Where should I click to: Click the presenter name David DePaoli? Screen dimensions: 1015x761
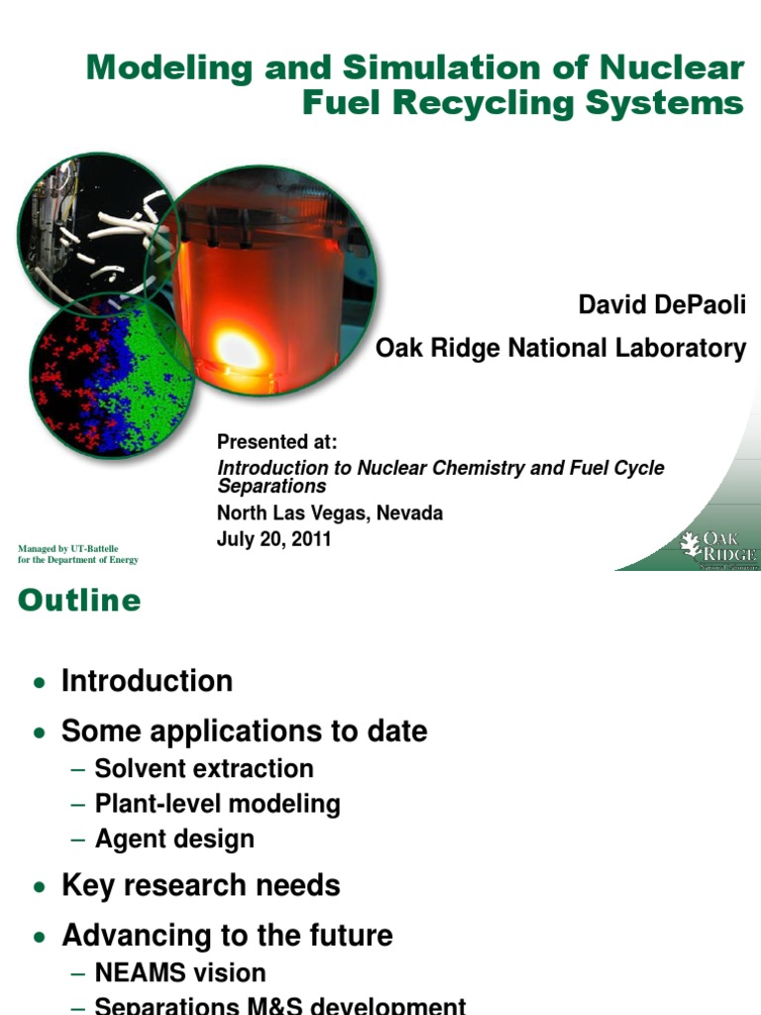[x=661, y=305]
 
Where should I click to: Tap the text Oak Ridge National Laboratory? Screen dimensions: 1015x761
[x=560, y=348]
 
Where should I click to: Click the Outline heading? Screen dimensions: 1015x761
[x=79, y=601]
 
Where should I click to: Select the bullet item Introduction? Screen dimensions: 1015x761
[x=147, y=681]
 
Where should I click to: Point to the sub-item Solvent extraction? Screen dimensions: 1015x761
[x=204, y=768]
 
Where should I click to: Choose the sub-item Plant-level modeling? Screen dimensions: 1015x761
[x=217, y=804]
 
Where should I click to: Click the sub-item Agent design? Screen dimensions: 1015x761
[x=174, y=839]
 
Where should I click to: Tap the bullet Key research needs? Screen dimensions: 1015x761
[x=200, y=885]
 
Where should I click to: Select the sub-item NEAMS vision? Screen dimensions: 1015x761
[x=180, y=972]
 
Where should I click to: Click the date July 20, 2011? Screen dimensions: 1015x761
[x=273, y=539]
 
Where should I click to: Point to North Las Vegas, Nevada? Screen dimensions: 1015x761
[x=330, y=513]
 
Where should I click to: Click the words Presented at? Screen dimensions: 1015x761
[x=277, y=440]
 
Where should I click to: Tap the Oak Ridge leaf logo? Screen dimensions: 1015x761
[x=690, y=544]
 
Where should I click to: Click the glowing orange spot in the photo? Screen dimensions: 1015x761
[x=238, y=349]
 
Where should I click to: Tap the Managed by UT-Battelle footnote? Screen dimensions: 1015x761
[x=78, y=553]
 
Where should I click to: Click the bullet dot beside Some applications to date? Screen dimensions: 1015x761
[x=39, y=733]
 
